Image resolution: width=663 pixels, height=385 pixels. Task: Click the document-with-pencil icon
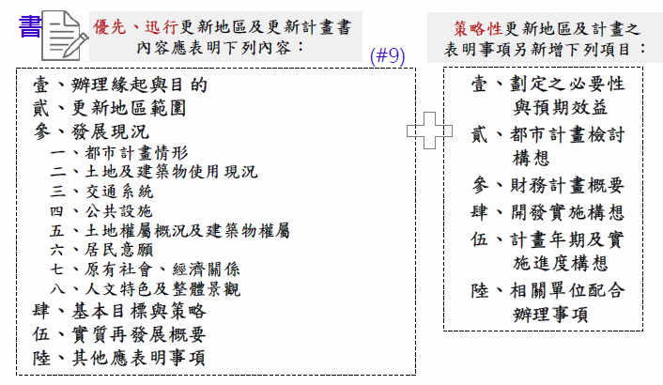pos(65,36)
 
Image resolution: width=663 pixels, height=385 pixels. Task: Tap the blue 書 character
pos(30,26)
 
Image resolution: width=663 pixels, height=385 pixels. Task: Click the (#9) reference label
pos(387,55)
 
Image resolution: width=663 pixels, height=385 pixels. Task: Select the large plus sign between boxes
pos(429,131)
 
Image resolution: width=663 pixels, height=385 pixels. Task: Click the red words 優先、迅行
pos(135,27)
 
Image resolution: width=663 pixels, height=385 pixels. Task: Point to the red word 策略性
pos(478,29)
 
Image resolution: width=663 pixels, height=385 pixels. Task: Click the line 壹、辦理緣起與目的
pos(120,85)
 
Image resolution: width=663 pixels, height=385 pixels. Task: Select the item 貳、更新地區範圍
pos(109,108)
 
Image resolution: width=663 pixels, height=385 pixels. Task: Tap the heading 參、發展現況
pos(91,131)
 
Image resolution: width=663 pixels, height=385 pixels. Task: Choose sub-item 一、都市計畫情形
pos(119,152)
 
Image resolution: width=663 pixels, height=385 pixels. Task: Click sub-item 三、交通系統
pos(101,192)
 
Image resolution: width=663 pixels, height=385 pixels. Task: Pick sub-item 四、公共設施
pos(101,211)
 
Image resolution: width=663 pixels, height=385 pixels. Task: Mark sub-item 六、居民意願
pos(101,250)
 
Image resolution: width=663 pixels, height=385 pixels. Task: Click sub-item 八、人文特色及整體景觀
pos(145,289)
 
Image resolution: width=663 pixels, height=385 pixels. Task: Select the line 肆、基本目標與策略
pos(119,312)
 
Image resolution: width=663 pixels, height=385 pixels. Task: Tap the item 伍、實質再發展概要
pos(119,334)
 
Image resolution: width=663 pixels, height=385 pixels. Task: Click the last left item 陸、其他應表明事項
pos(119,358)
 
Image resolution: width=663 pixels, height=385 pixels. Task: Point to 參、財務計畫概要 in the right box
pos(547,185)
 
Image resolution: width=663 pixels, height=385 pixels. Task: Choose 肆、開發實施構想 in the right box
pos(547,212)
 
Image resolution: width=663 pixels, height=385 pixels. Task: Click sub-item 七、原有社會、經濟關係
pos(145,269)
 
